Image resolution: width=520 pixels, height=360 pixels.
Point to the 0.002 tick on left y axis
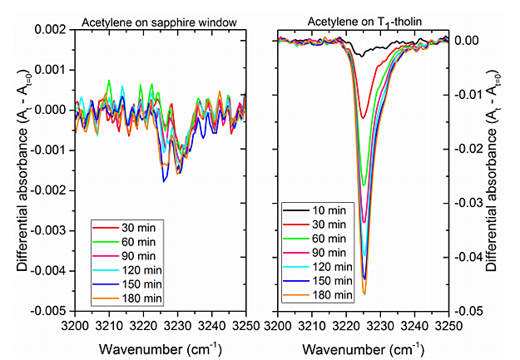click(55, 29)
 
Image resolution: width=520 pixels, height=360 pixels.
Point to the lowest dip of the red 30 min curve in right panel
click(363, 117)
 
